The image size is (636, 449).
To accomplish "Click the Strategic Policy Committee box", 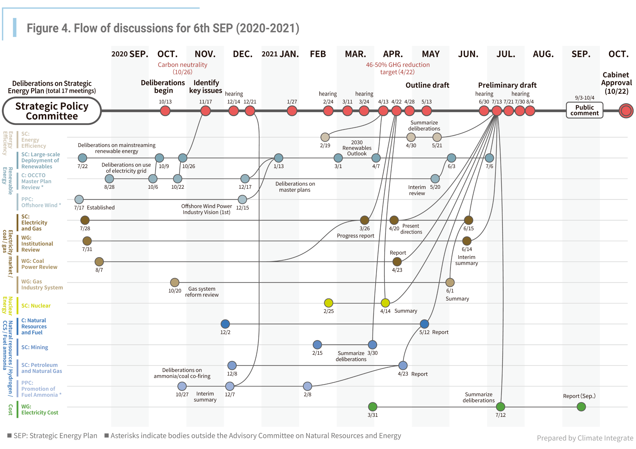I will tap(52, 111).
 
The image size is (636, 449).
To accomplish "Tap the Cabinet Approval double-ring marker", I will tap(626, 111).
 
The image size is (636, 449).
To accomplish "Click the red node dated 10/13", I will tap(165, 111).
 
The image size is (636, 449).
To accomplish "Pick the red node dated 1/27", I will tap(292, 111).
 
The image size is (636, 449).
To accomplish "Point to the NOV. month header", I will tap(205, 54).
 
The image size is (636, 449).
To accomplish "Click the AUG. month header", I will tap(543, 54).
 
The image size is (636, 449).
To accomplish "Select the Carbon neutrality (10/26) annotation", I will tap(182, 68).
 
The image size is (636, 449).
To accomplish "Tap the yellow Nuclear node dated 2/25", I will tap(328, 303).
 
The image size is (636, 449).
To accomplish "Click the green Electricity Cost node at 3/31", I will tap(373, 407).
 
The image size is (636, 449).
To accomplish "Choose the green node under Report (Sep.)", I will tap(581, 407).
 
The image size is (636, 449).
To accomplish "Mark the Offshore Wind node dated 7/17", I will tap(79, 199).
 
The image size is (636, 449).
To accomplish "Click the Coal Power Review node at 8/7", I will tap(99, 261).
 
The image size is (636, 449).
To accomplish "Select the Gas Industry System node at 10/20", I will tap(174, 283).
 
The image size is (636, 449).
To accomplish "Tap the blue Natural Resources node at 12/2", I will tap(225, 324).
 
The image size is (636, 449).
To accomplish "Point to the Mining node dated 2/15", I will tap(317, 345).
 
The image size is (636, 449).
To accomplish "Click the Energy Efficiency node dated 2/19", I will tap(325, 137).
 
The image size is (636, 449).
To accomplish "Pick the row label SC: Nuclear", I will tap(36, 306).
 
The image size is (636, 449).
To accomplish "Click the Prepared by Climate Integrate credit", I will tap(585, 438).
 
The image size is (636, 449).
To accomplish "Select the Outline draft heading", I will tap(427, 85).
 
